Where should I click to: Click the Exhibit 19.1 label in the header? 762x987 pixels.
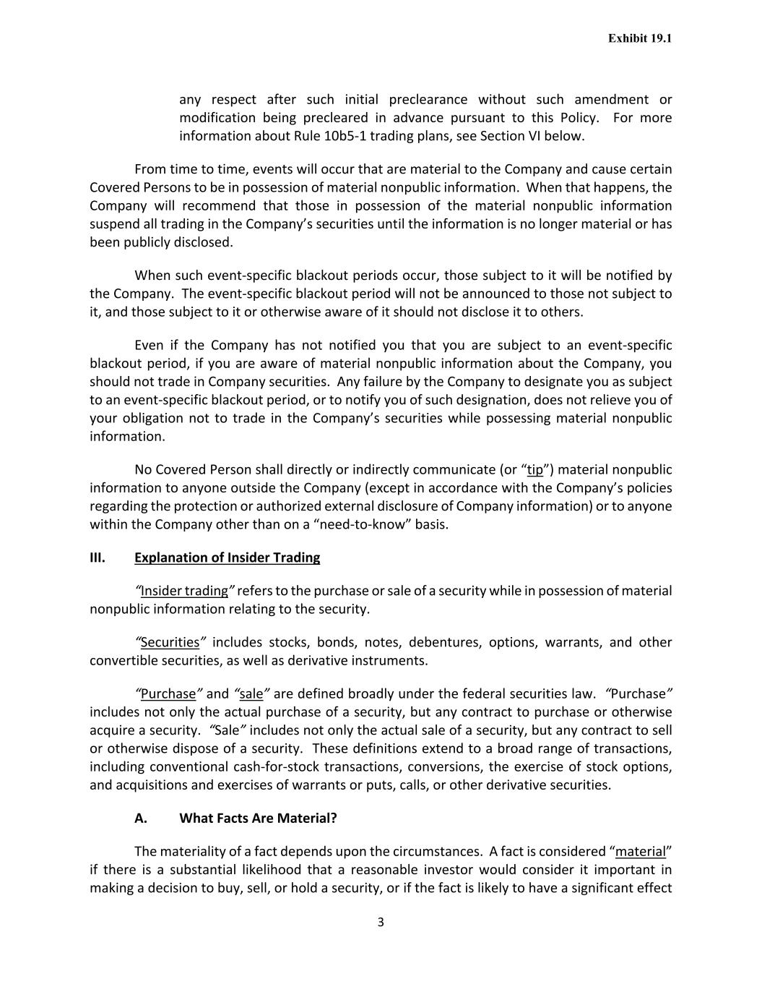click(639, 38)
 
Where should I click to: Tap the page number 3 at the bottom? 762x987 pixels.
click(381, 922)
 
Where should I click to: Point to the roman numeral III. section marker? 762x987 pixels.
click(98, 557)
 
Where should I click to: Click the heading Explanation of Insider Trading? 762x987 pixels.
click(227, 557)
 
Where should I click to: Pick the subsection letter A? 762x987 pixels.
click(141, 819)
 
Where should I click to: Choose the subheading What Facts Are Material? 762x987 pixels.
click(258, 819)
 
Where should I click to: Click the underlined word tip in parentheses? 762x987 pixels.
click(534, 470)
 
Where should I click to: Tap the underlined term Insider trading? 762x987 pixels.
click(184, 591)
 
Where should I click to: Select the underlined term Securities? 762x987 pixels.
click(170, 643)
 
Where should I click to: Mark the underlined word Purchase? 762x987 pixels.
click(168, 694)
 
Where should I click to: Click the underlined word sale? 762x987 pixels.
click(251, 694)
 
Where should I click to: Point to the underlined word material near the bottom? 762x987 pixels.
click(640, 852)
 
